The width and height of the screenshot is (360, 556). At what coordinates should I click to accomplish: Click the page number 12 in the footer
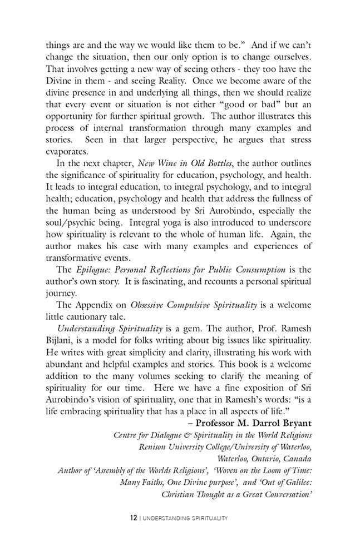(134, 518)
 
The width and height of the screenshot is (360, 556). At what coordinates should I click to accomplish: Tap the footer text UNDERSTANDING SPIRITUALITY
(186, 518)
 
